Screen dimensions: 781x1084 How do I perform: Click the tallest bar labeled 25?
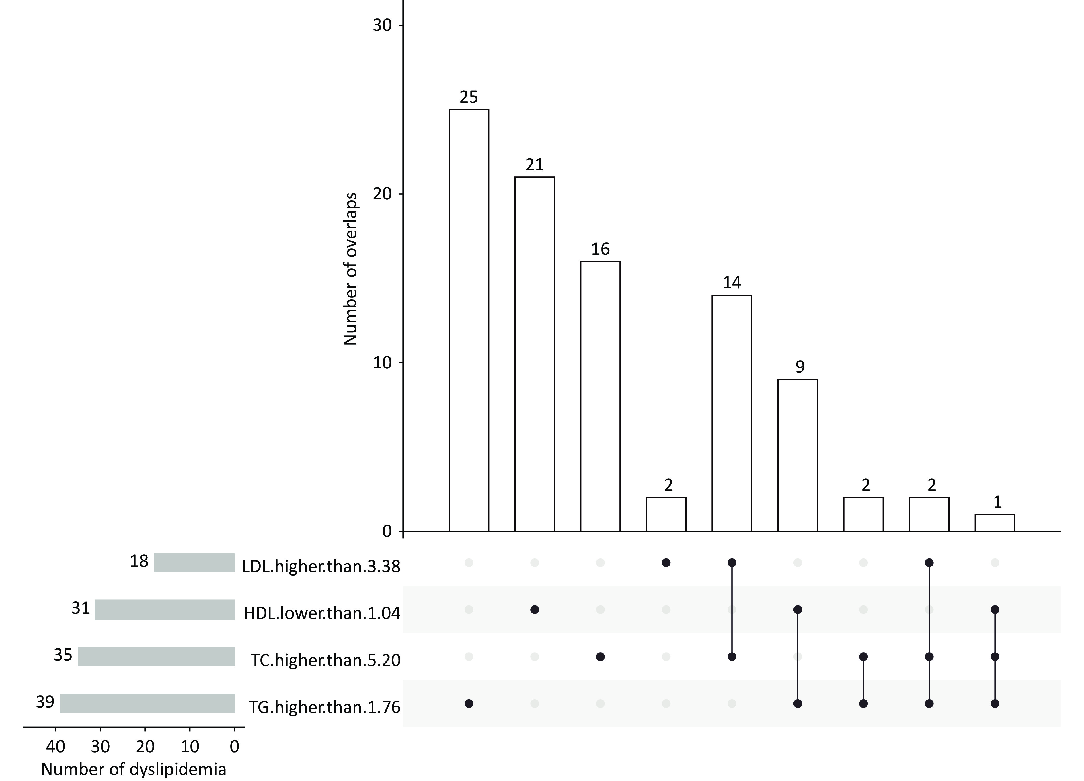468,320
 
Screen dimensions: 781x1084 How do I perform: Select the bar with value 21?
534,354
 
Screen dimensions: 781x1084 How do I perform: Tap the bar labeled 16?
600,396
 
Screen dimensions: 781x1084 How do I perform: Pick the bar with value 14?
732,413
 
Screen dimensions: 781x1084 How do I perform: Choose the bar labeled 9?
797,455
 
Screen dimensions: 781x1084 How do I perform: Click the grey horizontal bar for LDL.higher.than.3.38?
194,562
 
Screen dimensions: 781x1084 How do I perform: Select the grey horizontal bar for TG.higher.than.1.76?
147,704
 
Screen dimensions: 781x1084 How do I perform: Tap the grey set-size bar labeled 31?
165,609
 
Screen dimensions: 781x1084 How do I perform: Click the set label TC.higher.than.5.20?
325,660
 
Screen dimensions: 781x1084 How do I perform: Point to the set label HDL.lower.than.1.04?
322,613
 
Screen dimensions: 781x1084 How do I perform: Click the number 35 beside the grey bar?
63,655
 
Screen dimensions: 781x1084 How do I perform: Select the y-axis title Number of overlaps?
351,269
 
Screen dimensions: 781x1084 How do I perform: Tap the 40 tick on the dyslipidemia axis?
55,746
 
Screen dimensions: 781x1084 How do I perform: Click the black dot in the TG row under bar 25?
468,704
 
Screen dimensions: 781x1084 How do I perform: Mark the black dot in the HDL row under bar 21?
534,610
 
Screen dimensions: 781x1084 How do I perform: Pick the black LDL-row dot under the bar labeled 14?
732,562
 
